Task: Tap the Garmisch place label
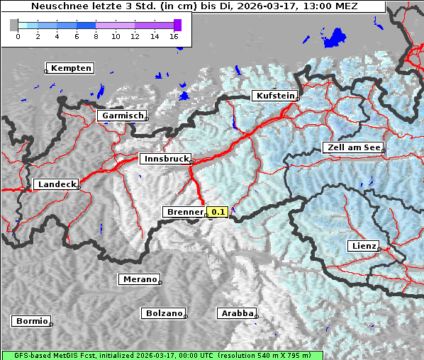(122, 116)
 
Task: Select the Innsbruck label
(165, 159)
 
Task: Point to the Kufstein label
(274, 96)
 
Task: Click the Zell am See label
(353, 147)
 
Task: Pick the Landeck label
(56, 184)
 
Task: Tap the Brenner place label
(184, 212)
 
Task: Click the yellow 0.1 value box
(217, 212)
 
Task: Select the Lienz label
(364, 246)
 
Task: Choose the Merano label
(139, 279)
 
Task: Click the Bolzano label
(164, 313)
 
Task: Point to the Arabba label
(236, 313)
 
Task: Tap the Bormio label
(31, 321)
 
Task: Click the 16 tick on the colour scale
(174, 36)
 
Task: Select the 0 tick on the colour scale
(18, 36)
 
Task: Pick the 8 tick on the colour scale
(96, 36)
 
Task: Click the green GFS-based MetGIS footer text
(162, 355)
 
